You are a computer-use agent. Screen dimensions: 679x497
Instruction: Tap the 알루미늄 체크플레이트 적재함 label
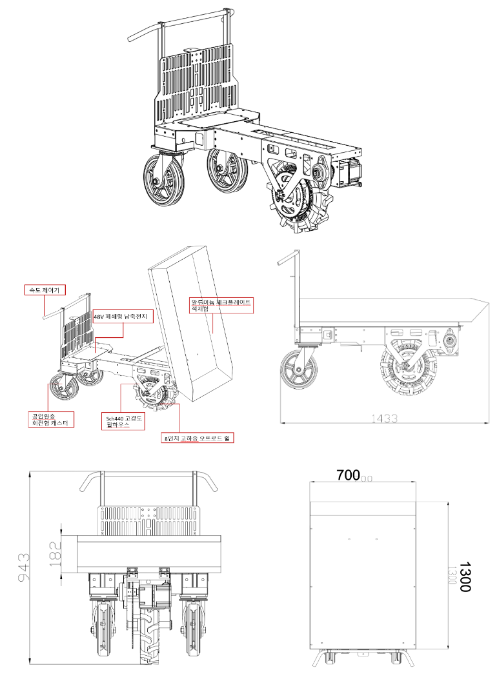220,305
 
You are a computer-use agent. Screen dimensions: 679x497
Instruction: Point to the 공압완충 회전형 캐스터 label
51,420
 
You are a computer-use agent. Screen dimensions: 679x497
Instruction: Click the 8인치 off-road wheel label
199,438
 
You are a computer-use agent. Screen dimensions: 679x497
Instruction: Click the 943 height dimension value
22,567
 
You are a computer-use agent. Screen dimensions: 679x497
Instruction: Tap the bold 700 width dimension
349,476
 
